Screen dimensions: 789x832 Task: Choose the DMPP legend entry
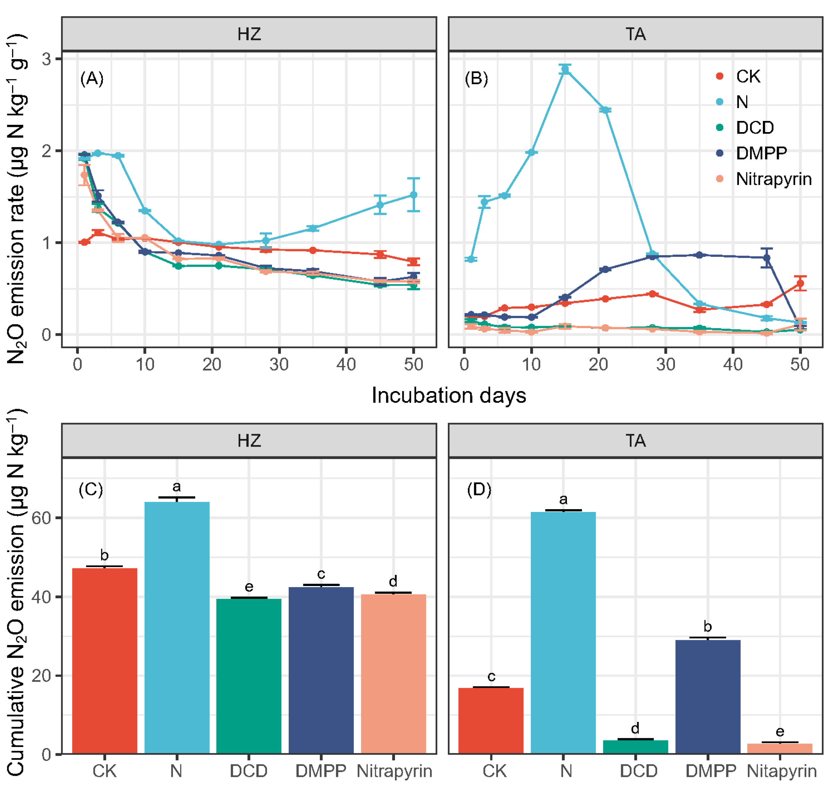point(761,153)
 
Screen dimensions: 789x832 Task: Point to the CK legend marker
point(719,76)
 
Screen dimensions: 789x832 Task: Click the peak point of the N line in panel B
point(565,70)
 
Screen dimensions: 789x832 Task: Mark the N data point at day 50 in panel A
point(413,195)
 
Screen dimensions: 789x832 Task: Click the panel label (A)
point(92,79)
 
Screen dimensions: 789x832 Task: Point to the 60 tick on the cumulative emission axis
point(41,518)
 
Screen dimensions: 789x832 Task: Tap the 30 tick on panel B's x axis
point(666,364)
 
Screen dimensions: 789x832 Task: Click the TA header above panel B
point(635,34)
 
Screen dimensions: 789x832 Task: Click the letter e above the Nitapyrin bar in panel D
point(780,731)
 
